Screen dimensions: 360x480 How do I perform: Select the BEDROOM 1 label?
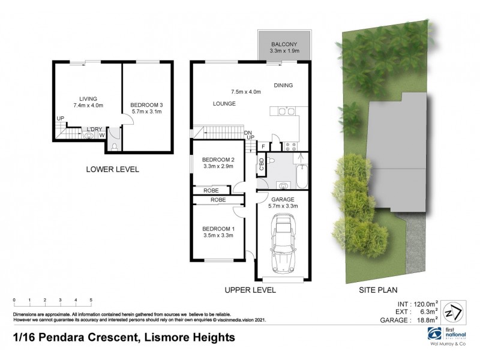pyautogui.click(x=218, y=229)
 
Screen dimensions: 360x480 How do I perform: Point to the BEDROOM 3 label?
pyautogui.click(x=147, y=106)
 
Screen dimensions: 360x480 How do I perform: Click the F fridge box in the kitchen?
pyautogui.click(x=262, y=146)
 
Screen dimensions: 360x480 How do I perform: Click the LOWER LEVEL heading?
pyautogui.click(x=113, y=170)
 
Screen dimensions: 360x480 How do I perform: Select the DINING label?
pyautogui.click(x=283, y=86)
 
